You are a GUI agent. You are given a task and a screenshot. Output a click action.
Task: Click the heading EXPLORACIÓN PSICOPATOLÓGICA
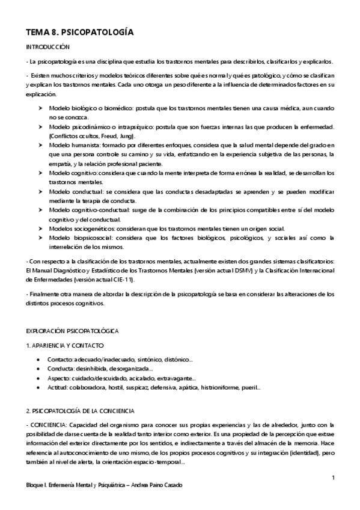[72, 331]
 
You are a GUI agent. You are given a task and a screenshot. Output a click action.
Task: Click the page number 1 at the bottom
[332, 478]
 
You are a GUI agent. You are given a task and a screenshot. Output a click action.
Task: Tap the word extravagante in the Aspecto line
[175, 378]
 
